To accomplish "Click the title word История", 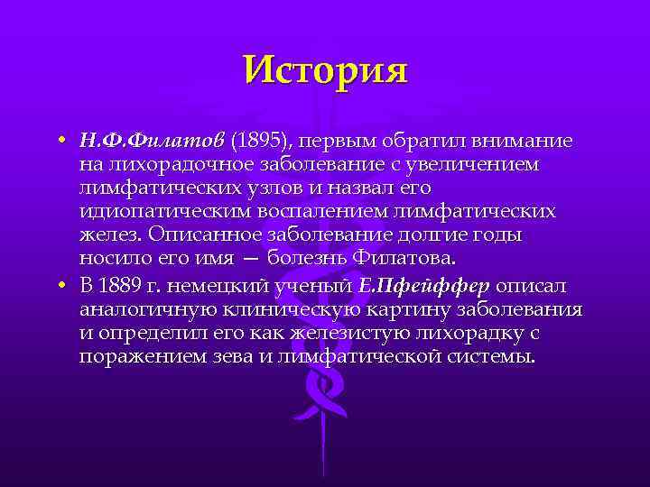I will click(x=325, y=69).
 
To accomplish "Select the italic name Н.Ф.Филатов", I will click(x=152, y=142).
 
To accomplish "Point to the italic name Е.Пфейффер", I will click(x=424, y=286).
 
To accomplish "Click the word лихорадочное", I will click(x=180, y=165).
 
